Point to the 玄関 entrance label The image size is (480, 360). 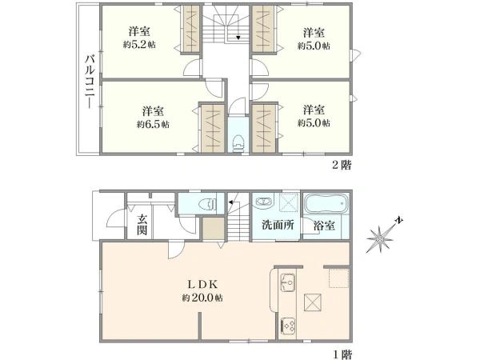[x=142, y=224]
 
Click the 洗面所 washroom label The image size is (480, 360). [x=276, y=225]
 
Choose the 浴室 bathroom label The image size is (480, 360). [x=325, y=225]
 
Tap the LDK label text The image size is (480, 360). [x=201, y=283]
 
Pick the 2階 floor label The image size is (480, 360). [x=341, y=165]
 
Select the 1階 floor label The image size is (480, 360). [x=341, y=353]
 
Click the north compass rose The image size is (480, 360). [x=382, y=238]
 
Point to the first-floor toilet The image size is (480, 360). [x=204, y=203]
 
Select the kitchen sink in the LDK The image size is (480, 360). [x=288, y=282]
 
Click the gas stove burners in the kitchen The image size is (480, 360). [x=288, y=326]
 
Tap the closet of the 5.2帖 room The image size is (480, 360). [x=191, y=30]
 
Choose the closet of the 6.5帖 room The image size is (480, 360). [x=211, y=128]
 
